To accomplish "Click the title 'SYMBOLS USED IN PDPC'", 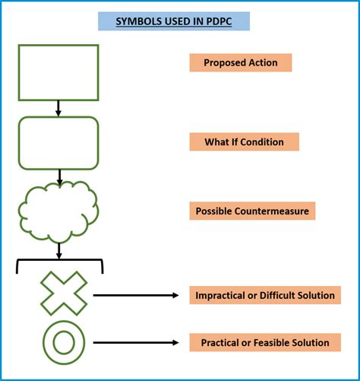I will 174,21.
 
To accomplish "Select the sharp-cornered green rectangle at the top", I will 58,72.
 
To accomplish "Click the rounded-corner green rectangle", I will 58,142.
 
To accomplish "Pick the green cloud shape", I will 58,212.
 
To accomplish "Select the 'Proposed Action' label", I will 240,62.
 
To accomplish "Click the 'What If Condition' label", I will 244,141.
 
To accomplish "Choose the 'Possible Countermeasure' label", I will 251,211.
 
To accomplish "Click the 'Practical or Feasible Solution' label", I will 264,343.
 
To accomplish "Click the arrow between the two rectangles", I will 58,109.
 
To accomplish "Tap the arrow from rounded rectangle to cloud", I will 58,176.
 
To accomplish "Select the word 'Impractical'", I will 221,295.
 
